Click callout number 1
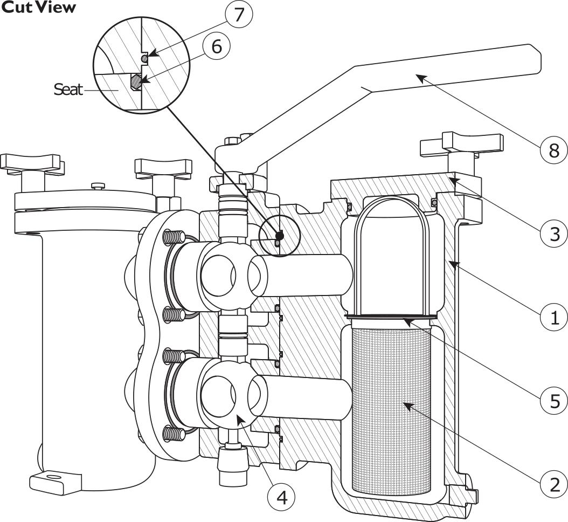coord(553,317)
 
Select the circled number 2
coord(553,484)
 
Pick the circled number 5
coord(553,401)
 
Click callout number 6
coord(216,46)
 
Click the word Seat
coord(68,90)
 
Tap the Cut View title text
coord(38,8)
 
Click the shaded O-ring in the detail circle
coord(136,81)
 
